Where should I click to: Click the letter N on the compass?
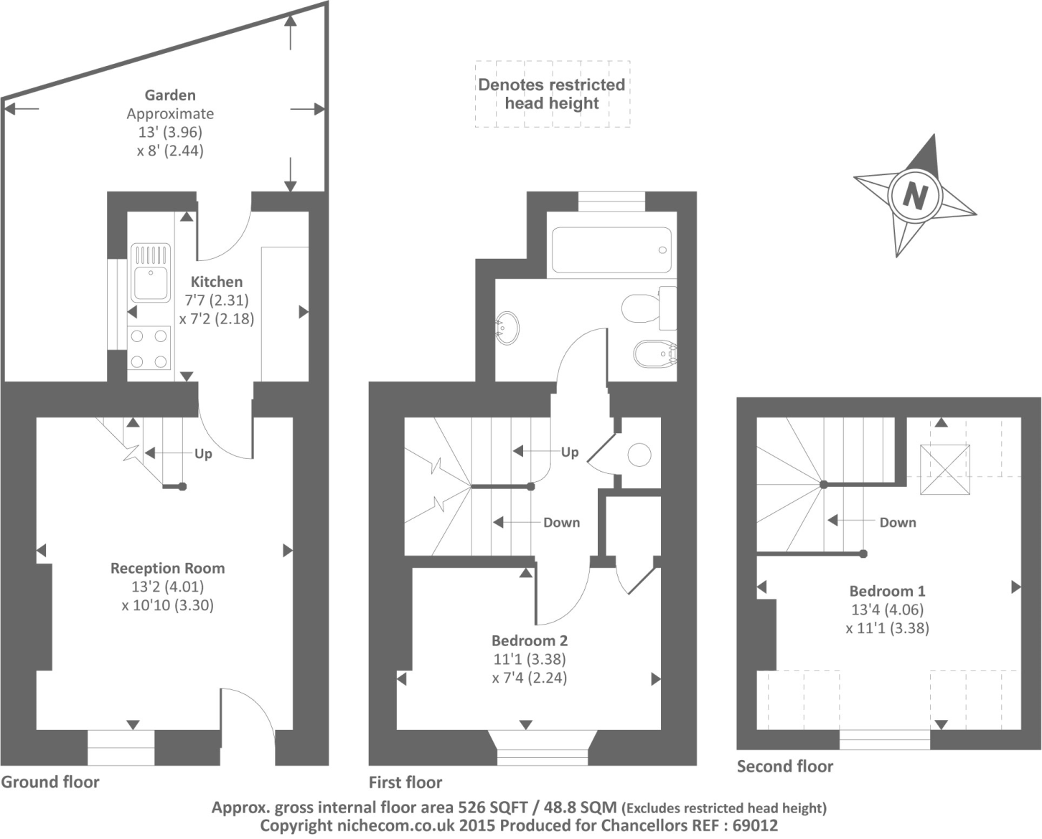coord(914,195)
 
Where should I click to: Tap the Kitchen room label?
coord(216,282)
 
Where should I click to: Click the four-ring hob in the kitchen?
coord(149,347)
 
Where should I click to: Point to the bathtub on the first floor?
coord(611,250)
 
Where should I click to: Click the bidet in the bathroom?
coord(654,353)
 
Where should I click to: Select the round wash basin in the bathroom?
coord(508,328)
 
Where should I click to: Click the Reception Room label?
coord(167,568)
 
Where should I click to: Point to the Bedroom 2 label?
coord(529,640)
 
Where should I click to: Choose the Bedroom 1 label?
coord(887,591)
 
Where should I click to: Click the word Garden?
coord(170,95)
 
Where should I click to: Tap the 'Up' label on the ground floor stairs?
coord(203,454)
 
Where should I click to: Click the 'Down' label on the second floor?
coord(898,522)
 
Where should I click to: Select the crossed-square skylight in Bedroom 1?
coord(945,470)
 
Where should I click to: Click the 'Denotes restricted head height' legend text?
coord(551,94)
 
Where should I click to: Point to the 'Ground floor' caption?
coord(50,782)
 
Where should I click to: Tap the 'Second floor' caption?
coord(785,767)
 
